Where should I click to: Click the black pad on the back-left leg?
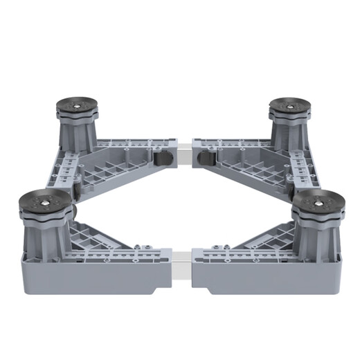click(x=76, y=108)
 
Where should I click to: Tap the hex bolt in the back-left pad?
click(x=76, y=106)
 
